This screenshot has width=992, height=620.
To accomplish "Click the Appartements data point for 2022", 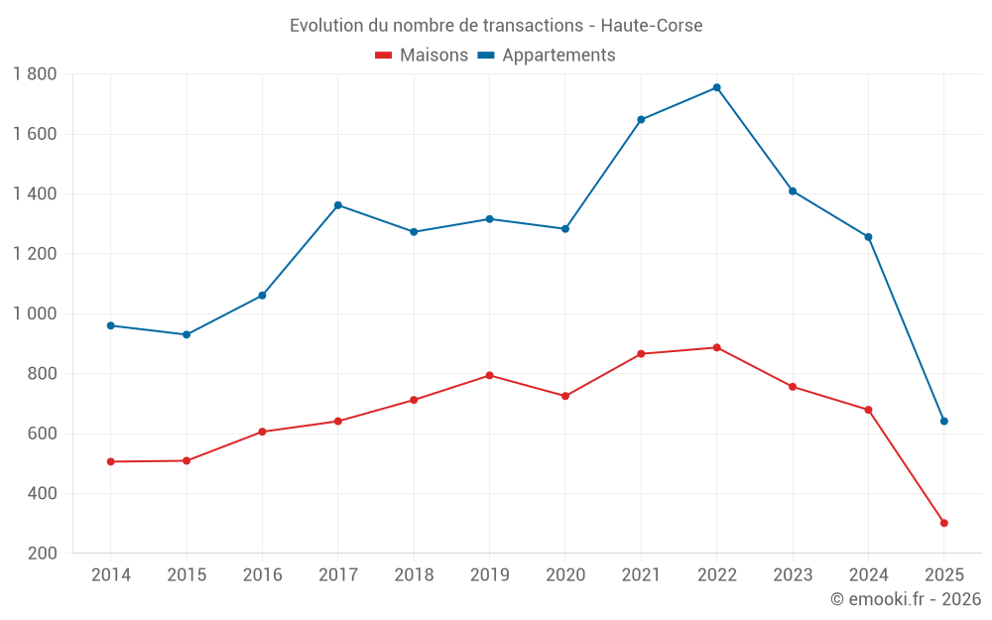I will coord(716,87).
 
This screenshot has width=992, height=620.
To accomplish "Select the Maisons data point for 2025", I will coord(943,523).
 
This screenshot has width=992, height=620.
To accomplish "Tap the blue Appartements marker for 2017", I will coord(337,205).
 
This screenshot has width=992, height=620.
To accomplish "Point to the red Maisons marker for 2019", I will coord(489,375).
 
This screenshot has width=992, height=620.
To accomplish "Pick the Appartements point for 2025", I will coord(943,421).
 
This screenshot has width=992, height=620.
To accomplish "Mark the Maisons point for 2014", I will coord(110,461).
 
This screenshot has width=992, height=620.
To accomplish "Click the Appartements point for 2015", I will coord(186,334).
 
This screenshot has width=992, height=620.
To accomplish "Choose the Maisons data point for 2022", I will coord(716,347).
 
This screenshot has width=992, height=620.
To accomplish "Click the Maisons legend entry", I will coord(422,56).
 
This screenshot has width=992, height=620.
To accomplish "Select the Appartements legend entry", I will coord(547,56).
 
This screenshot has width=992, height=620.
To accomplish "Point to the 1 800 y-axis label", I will coord(35,74).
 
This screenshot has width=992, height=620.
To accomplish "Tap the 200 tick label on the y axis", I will coord(42,554).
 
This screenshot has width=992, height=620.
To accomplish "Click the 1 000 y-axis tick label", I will coord(35,313).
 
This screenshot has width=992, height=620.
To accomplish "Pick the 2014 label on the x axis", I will coord(110,574).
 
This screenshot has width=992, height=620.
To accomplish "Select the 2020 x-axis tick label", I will coord(565,574).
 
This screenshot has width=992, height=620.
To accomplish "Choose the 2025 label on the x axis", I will coord(943,574).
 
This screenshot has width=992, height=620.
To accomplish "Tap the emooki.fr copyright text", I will coord(905,599).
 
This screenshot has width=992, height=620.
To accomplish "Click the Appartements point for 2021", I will coord(641,119).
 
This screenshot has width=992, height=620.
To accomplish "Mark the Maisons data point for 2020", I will coord(565,396).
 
